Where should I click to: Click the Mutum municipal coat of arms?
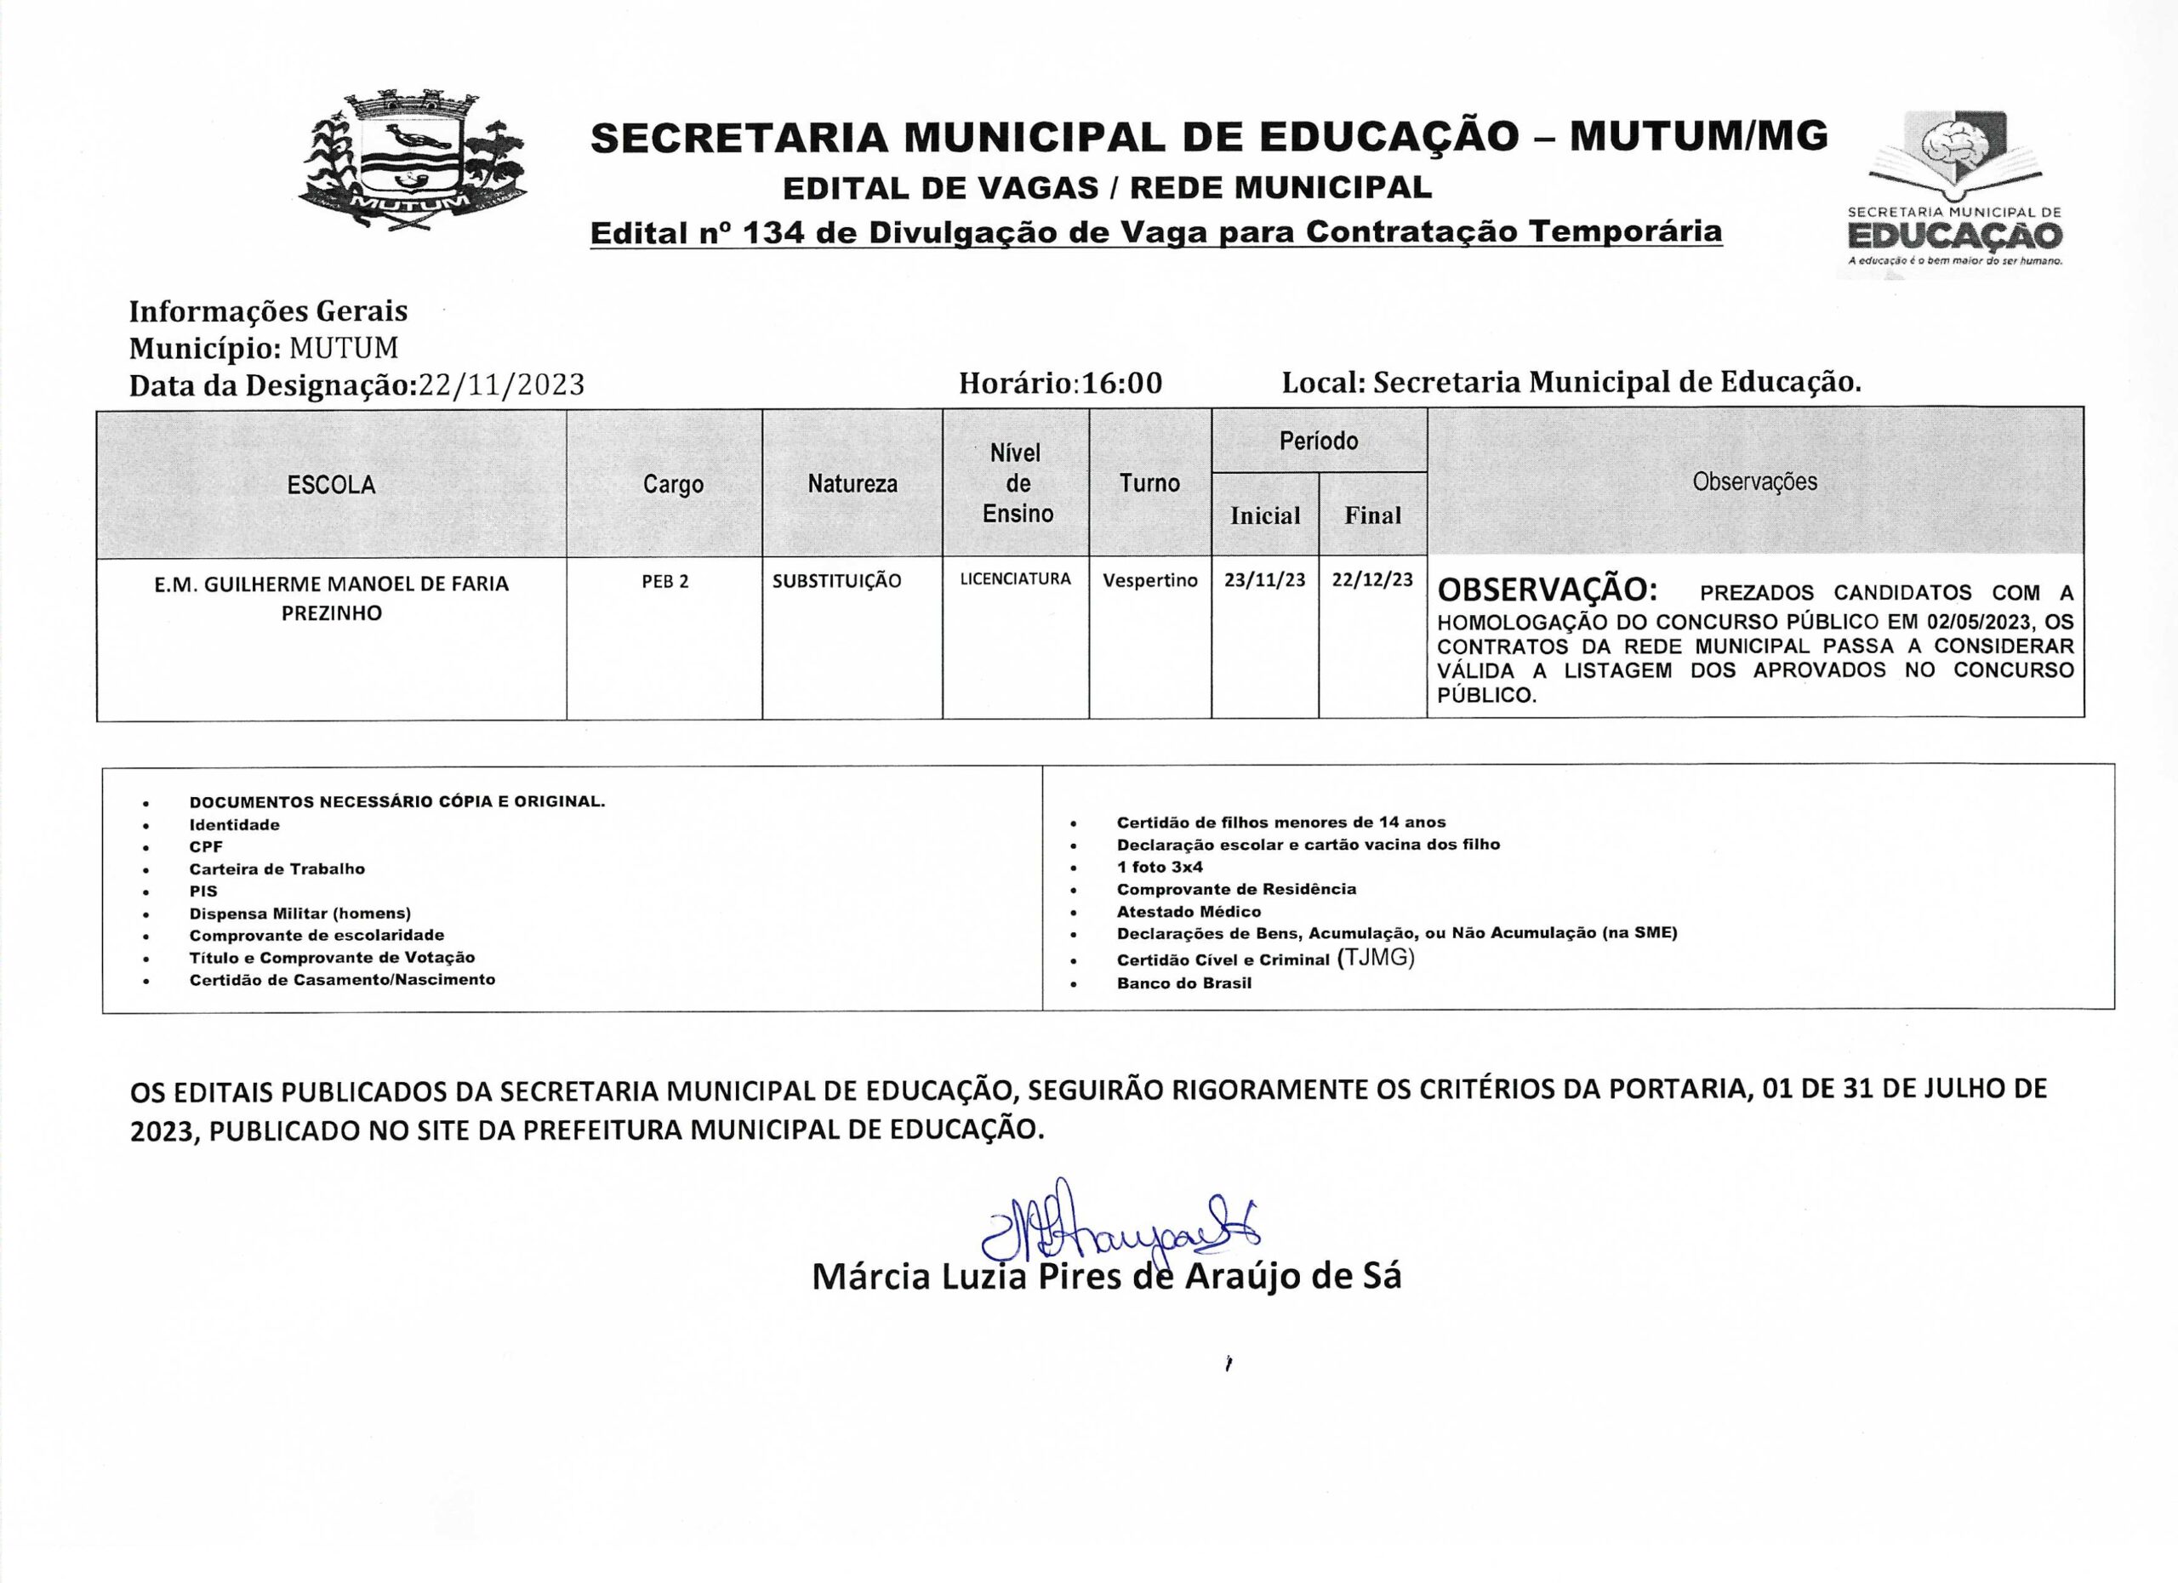(x=413, y=162)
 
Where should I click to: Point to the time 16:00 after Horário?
(x=1121, y=383)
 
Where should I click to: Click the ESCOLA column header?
(x=331, y=485)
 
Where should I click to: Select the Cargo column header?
(x=673, y=485)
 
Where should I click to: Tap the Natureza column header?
(x=852, y=484)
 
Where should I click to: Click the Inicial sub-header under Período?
(x=1265, y=515)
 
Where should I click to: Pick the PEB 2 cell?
(x=664, y=582)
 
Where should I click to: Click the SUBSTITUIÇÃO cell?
(x=836, y=581)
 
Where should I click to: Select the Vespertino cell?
(x=1149, y=581)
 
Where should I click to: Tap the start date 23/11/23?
(x=1265, y=580)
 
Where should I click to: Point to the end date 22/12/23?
(x=1372, y=580)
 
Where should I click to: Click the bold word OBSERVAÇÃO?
(x=1546, y=589)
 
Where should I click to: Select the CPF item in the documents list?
(x=206, y=846)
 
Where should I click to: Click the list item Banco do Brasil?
(x=1184, y=983)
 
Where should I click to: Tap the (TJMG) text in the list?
(x=1375, y=957)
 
